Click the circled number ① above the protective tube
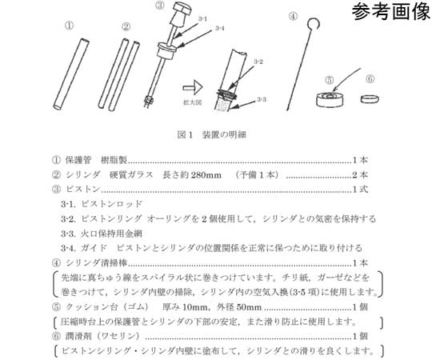point(70,26)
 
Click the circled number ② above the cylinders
point(126,26)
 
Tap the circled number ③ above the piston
point(160,6)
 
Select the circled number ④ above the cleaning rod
point(294,15)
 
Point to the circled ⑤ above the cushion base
point(330,79)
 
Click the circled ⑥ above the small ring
point(370,79)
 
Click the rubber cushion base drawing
point(330,100)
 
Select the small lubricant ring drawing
point(370,98)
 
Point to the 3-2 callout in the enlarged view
point(258,62)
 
